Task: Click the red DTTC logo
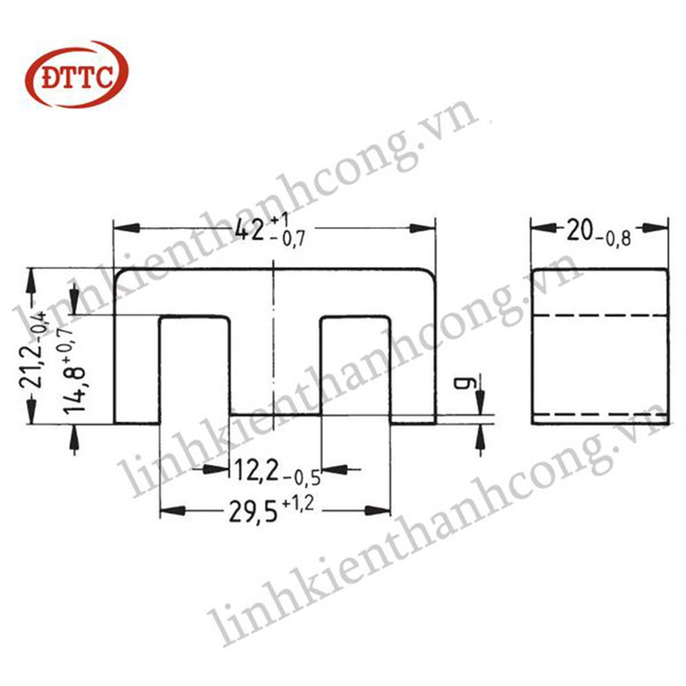tap(77, 74)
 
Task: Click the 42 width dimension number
tap(250, 230)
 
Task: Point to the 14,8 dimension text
tap(75, 391)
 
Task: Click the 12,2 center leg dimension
tap(257, 471)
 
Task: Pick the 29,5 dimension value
tap(253, 511)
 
